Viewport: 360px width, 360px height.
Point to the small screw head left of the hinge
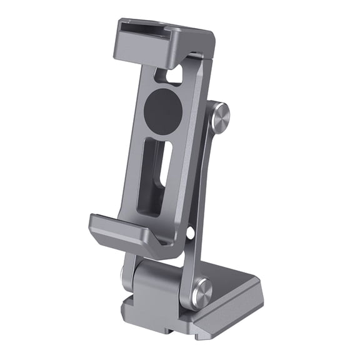point(126,274)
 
